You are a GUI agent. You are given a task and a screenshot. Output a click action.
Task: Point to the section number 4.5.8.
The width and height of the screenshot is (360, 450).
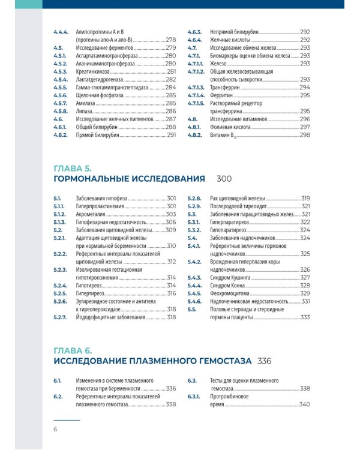(60, 112)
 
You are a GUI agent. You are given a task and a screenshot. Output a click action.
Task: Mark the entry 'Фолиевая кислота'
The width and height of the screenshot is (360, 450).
(230, 127)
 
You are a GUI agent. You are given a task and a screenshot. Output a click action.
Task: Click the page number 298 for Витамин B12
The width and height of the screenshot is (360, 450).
(305, 135)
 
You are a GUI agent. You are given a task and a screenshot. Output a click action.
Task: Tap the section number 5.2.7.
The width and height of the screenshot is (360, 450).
(60, 317)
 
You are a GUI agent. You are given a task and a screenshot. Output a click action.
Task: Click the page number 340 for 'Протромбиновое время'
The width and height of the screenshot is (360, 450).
(304, 404)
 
